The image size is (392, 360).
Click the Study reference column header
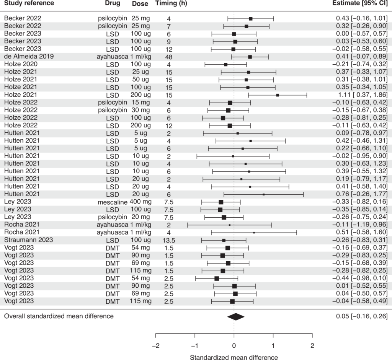(x=29, y=3)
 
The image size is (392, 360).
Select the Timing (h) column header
(x=171, y=3)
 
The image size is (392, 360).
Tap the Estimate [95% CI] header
(x=361, y=3)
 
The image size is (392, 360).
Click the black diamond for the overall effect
(x=235, y=316)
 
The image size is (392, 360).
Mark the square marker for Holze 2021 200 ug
(x=278, y=95)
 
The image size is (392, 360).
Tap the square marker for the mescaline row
(x=221, y=202)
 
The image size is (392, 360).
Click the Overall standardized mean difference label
(x=59, y=316)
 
